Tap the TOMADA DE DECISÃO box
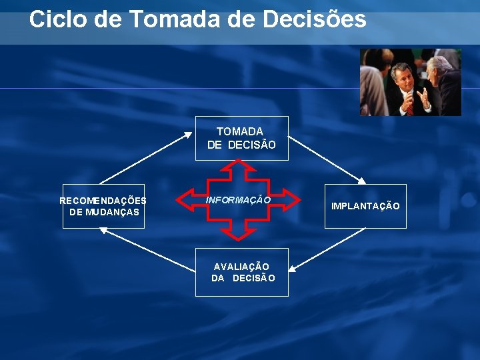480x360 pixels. click(241, 138)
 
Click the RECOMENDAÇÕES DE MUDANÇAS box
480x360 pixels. click(103, 206)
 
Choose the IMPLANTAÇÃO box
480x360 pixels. click(365, 206)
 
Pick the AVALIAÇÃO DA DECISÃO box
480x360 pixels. click(241, 272)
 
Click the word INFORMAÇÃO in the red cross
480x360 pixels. click(238, 199)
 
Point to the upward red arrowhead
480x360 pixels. click(239, 167)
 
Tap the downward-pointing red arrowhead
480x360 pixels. click(239, 233)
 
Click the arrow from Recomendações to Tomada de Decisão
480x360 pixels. click(143, 158)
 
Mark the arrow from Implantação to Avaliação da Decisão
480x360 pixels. click(327, 248)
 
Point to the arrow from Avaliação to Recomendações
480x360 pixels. click(147, 248)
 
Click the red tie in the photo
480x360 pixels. click(409, 105)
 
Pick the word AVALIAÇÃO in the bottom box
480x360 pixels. click(241, 266)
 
